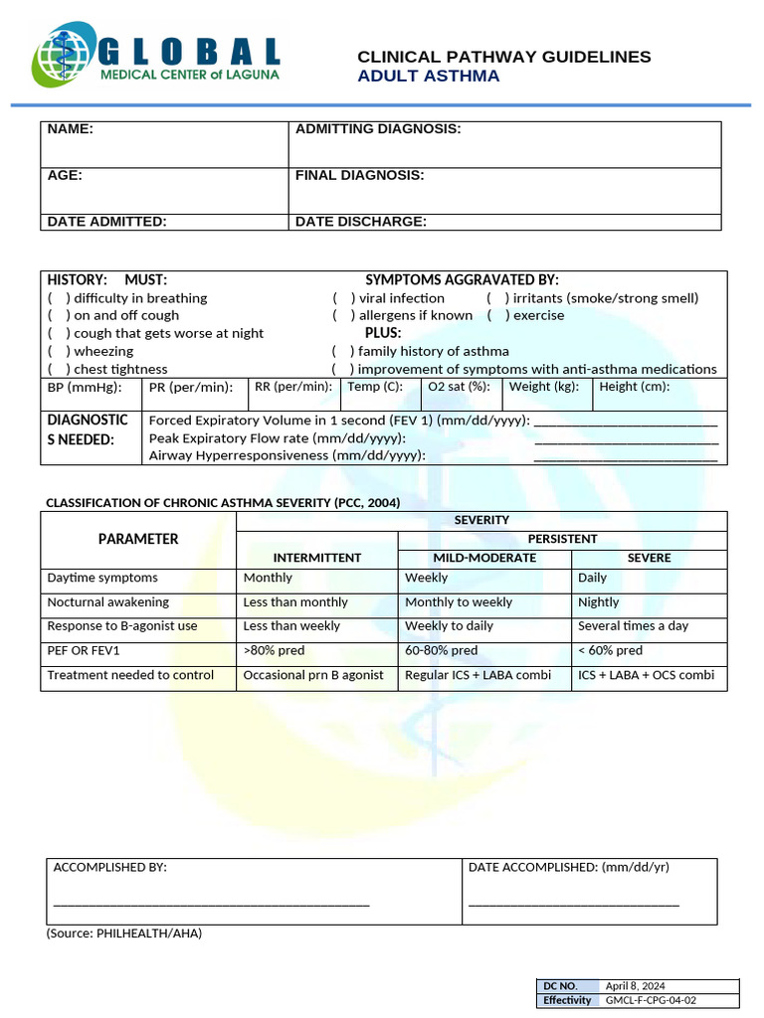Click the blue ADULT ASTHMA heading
tap(429, 77)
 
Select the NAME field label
tap(71, 129)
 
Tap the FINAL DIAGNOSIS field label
tap(359, 176)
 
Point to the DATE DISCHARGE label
tap(360, 222)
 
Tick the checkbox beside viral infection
tap(344, 298)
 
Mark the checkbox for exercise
tap(498, 315)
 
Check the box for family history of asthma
tap(343, 351)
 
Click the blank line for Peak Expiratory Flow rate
tap(626, 439)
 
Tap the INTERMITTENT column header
tap(316, 558)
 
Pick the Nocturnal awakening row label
tap(108, 602)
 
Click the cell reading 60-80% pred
tap(441, 651)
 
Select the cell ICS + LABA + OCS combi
tap(646, 675)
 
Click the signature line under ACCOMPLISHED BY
tap(211, 903)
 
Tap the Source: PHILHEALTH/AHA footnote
tap(124, 933)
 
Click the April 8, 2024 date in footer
tap(636, 986)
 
